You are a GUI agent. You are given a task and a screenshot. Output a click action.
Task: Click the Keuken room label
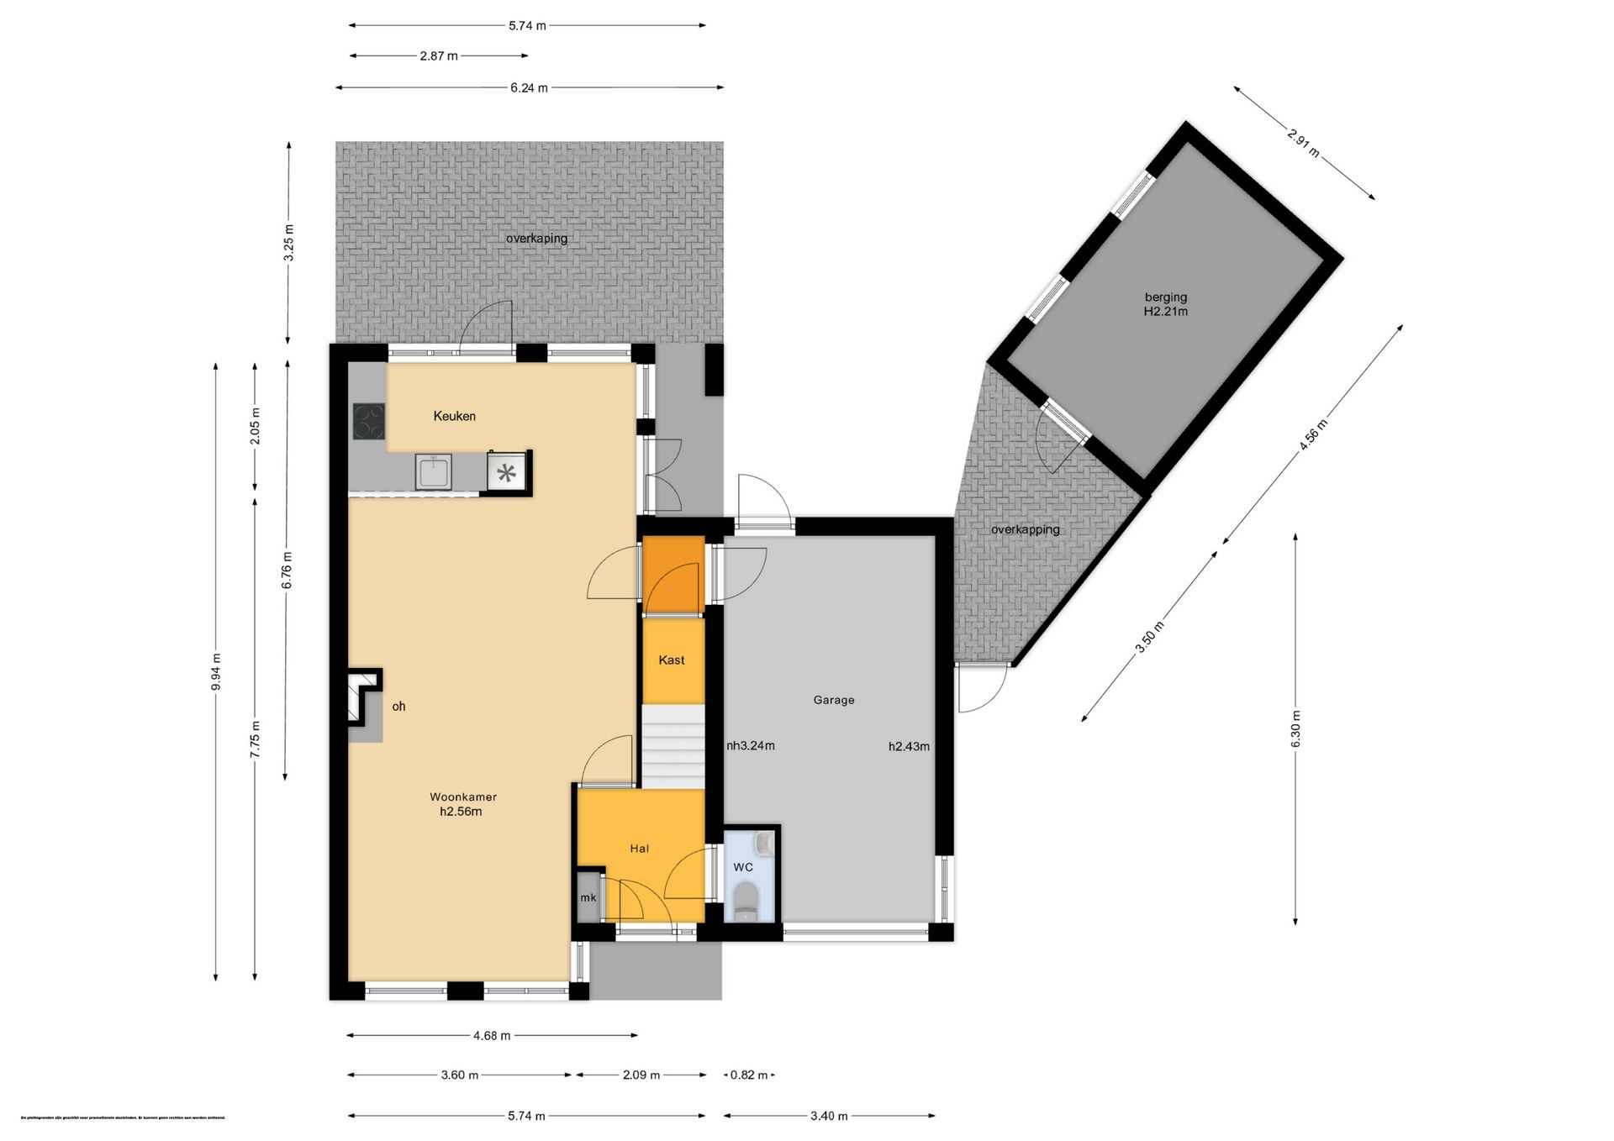tap(454, 416)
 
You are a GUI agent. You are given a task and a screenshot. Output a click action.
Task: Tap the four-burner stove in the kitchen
tap(368, 422)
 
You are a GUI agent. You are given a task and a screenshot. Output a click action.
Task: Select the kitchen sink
tap(433, 471)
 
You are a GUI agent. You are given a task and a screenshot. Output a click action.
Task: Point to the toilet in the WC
tap(745, 902)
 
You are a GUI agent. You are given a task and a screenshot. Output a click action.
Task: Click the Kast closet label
tap(671, 660)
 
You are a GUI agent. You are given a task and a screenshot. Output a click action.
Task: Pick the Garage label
tap(833, 700)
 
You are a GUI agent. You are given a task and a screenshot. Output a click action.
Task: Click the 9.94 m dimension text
tap(216, 671)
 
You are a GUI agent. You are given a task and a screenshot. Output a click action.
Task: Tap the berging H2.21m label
tap(1165, 304)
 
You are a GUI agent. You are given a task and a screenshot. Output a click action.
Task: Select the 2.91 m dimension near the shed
tap(1303, 142)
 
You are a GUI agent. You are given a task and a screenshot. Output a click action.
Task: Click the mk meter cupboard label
tap(588, 898)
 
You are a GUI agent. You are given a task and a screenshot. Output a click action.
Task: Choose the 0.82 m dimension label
tap(748, 1075)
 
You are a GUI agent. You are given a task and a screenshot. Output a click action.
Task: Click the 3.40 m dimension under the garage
tap(829, 1116)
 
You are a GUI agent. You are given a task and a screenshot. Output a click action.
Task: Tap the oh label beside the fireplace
tap(398, 707)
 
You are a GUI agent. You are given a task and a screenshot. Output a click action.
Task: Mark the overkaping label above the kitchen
tap(536, 239)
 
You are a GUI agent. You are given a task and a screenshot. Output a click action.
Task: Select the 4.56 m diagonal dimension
tap(1313, 434)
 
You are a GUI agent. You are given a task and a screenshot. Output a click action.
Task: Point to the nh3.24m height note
tap(751, 745)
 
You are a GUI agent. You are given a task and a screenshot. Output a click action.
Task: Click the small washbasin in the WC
tap(763, 842)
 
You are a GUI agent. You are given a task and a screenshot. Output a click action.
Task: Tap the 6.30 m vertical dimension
tap(1295, 728)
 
